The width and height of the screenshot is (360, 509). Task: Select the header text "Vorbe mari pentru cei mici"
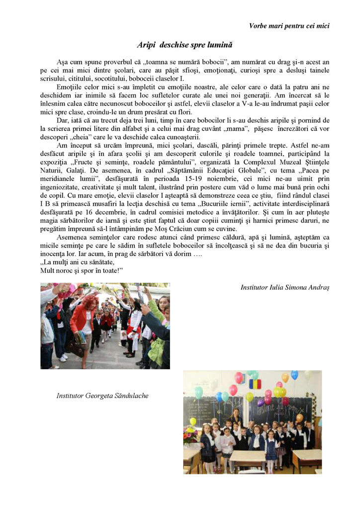(289, 25)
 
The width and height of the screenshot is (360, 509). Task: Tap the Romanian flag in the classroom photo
(255, 384)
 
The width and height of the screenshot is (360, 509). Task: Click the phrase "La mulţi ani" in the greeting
(61, 262)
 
